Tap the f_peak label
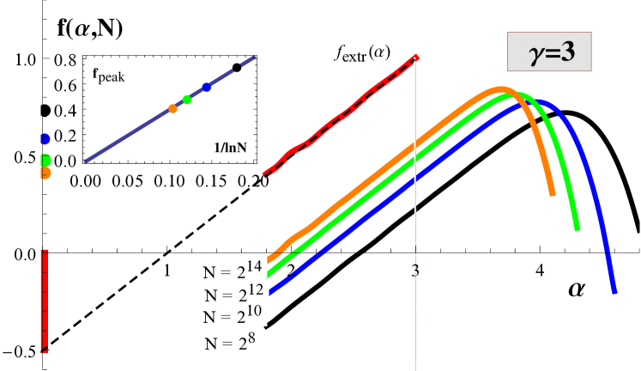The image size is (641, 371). coord(111,75)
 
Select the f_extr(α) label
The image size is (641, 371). coord(362,53)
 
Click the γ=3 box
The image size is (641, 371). coord(549,53)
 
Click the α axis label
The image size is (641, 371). coord(578,289)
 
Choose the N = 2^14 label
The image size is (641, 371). coord(231,269)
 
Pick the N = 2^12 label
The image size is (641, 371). coord(233,293)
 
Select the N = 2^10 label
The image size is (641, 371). coord(233,314)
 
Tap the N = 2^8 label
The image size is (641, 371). coord(230,343)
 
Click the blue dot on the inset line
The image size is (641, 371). coord(207,87)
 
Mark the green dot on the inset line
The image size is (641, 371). coord(187,100)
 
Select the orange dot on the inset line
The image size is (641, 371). coord(172,108)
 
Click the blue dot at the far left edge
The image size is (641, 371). coord(45,138)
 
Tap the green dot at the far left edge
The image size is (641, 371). coord(45,160)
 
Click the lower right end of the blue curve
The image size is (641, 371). coord(614,292)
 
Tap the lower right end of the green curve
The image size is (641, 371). coord(578,229)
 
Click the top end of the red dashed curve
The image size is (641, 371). coord(417,57)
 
